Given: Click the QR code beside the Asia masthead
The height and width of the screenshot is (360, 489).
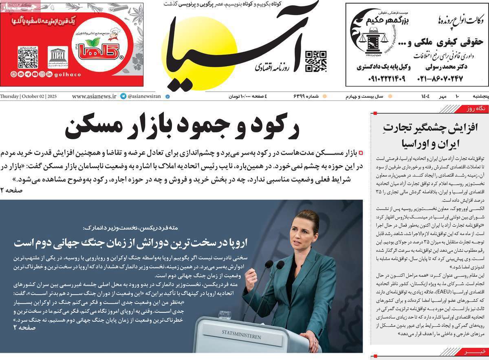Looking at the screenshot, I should click(316, 61).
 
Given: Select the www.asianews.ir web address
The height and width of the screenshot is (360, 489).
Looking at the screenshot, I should click(94, 97).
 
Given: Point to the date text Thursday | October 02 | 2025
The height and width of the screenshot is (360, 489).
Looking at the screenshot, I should click(29, 97).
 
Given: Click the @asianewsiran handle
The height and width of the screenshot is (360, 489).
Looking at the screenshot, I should click(144, 97).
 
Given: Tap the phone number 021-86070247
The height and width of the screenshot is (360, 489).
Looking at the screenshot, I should click(440, 79).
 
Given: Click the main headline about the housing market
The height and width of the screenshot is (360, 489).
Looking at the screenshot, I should click(182, 127).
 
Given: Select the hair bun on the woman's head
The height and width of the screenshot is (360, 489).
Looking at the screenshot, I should click(307, 214).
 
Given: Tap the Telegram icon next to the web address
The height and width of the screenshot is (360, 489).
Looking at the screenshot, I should click(123, 97).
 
